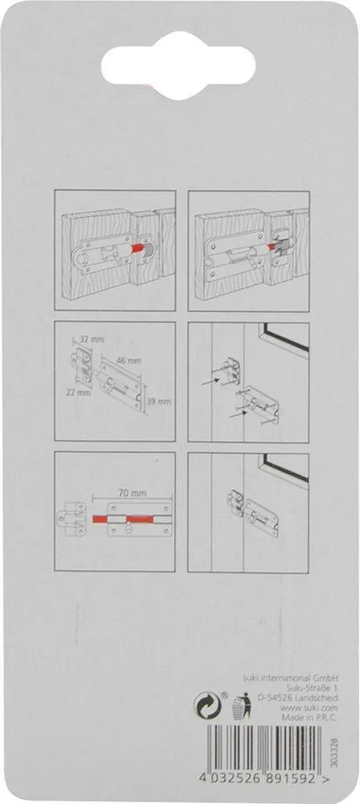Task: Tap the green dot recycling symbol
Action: click(x=206, y=705)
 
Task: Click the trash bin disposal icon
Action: click(x=241, y=705)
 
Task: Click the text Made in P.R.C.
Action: click(x=310, y=716)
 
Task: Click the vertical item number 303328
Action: click(x=335, y=752)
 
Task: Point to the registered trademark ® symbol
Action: click(x=224, y=695)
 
